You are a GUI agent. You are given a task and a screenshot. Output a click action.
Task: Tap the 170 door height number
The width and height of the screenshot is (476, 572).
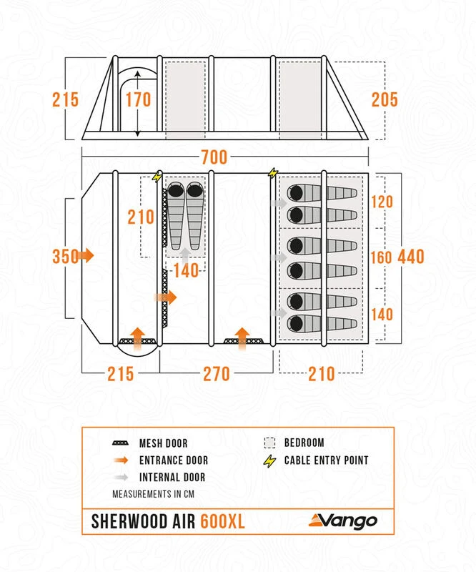coord(138,99)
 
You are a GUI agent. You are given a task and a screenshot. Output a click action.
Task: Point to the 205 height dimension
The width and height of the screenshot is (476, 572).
coord(385,99)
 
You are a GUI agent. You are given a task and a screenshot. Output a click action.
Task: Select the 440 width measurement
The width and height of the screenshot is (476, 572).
coord(411,256)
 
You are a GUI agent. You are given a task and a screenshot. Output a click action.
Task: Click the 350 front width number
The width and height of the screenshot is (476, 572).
coord(65,256)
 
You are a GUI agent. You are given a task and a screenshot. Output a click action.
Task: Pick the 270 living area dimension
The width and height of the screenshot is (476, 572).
coord(216,373)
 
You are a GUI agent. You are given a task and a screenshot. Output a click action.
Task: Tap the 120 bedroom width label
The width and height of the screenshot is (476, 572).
coord(382,202)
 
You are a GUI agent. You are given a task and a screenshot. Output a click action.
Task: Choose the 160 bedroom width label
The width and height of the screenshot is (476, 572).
coord(382,256)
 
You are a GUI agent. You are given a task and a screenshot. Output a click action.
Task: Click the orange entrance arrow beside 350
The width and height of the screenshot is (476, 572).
coord(88,255)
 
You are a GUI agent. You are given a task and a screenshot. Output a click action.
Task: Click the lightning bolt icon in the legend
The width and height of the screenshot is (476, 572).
coord(269,460)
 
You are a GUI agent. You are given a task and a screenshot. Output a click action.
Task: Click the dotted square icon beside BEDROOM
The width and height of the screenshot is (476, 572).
coord(269,443)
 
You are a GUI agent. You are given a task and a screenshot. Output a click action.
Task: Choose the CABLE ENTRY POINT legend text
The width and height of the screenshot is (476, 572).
coord(327,460)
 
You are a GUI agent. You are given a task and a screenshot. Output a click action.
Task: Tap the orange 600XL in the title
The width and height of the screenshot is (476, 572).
coord(222,522)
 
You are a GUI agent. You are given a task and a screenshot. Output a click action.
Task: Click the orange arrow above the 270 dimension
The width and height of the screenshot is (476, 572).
coord(242,335)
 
